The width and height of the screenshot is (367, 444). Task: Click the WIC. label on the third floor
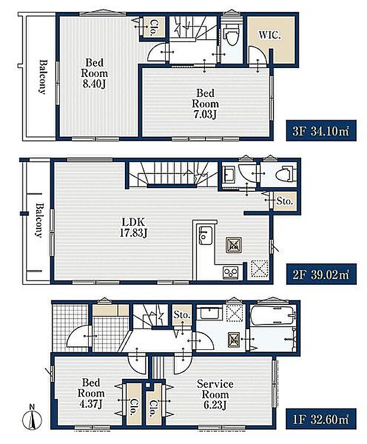click(x=269, y=36)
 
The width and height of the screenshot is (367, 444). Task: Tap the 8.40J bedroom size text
click(x=94, y=84)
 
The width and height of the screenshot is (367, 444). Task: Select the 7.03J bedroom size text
click(x=205, y=114)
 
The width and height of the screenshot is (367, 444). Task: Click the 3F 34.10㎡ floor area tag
click(x=321, y=131)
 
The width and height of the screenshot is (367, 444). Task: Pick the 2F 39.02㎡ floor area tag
click(x=321, y=274)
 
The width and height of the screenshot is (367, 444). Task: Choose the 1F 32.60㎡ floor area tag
click(x=321, y=419)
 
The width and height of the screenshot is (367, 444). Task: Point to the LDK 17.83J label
click(x=133, y=227)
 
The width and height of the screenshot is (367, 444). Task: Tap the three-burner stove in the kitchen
click(x=231, y=272)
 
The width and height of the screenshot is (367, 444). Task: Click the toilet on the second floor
click(x=285, y=173)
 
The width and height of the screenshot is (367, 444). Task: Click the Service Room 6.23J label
click(x=215, y=394)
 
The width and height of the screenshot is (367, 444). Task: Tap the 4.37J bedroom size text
click(x=91, y=404)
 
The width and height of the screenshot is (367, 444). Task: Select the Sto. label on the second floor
click(x=284, y=201)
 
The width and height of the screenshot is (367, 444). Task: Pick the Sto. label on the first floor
click(x=182, y=315)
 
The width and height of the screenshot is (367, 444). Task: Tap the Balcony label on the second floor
click(x=39, y=220)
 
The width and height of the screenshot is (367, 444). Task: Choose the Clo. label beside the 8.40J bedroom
click(x=154, y=27)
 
